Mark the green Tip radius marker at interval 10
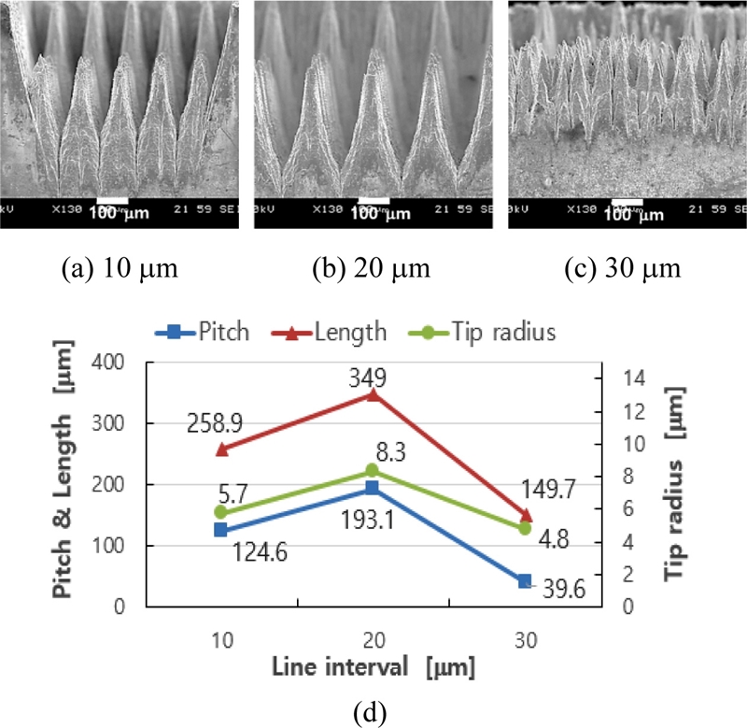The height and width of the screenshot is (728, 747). pos(220,512)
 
